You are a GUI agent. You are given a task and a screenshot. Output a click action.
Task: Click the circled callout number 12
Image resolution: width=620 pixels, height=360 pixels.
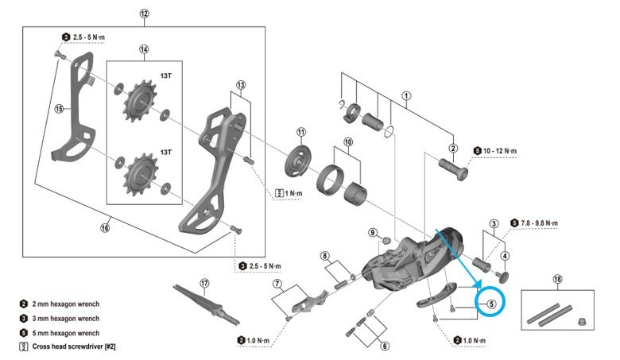(x=144, y=14)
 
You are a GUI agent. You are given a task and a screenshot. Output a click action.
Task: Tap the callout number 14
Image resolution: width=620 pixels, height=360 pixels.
(x=144, y=49)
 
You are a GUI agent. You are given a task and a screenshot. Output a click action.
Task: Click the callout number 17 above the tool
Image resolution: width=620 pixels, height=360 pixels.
(x=204, y=282)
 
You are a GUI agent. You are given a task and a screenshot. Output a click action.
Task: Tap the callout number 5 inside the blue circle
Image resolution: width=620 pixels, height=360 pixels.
(x=491, y=302)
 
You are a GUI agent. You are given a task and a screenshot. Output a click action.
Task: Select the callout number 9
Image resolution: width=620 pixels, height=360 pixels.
(x=372, y=232)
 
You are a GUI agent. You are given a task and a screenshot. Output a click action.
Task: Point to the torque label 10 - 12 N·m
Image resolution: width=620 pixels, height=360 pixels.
(x=498, y=150)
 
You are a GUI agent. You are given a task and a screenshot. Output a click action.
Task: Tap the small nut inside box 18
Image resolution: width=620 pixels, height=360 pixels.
(x=582, y=321)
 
